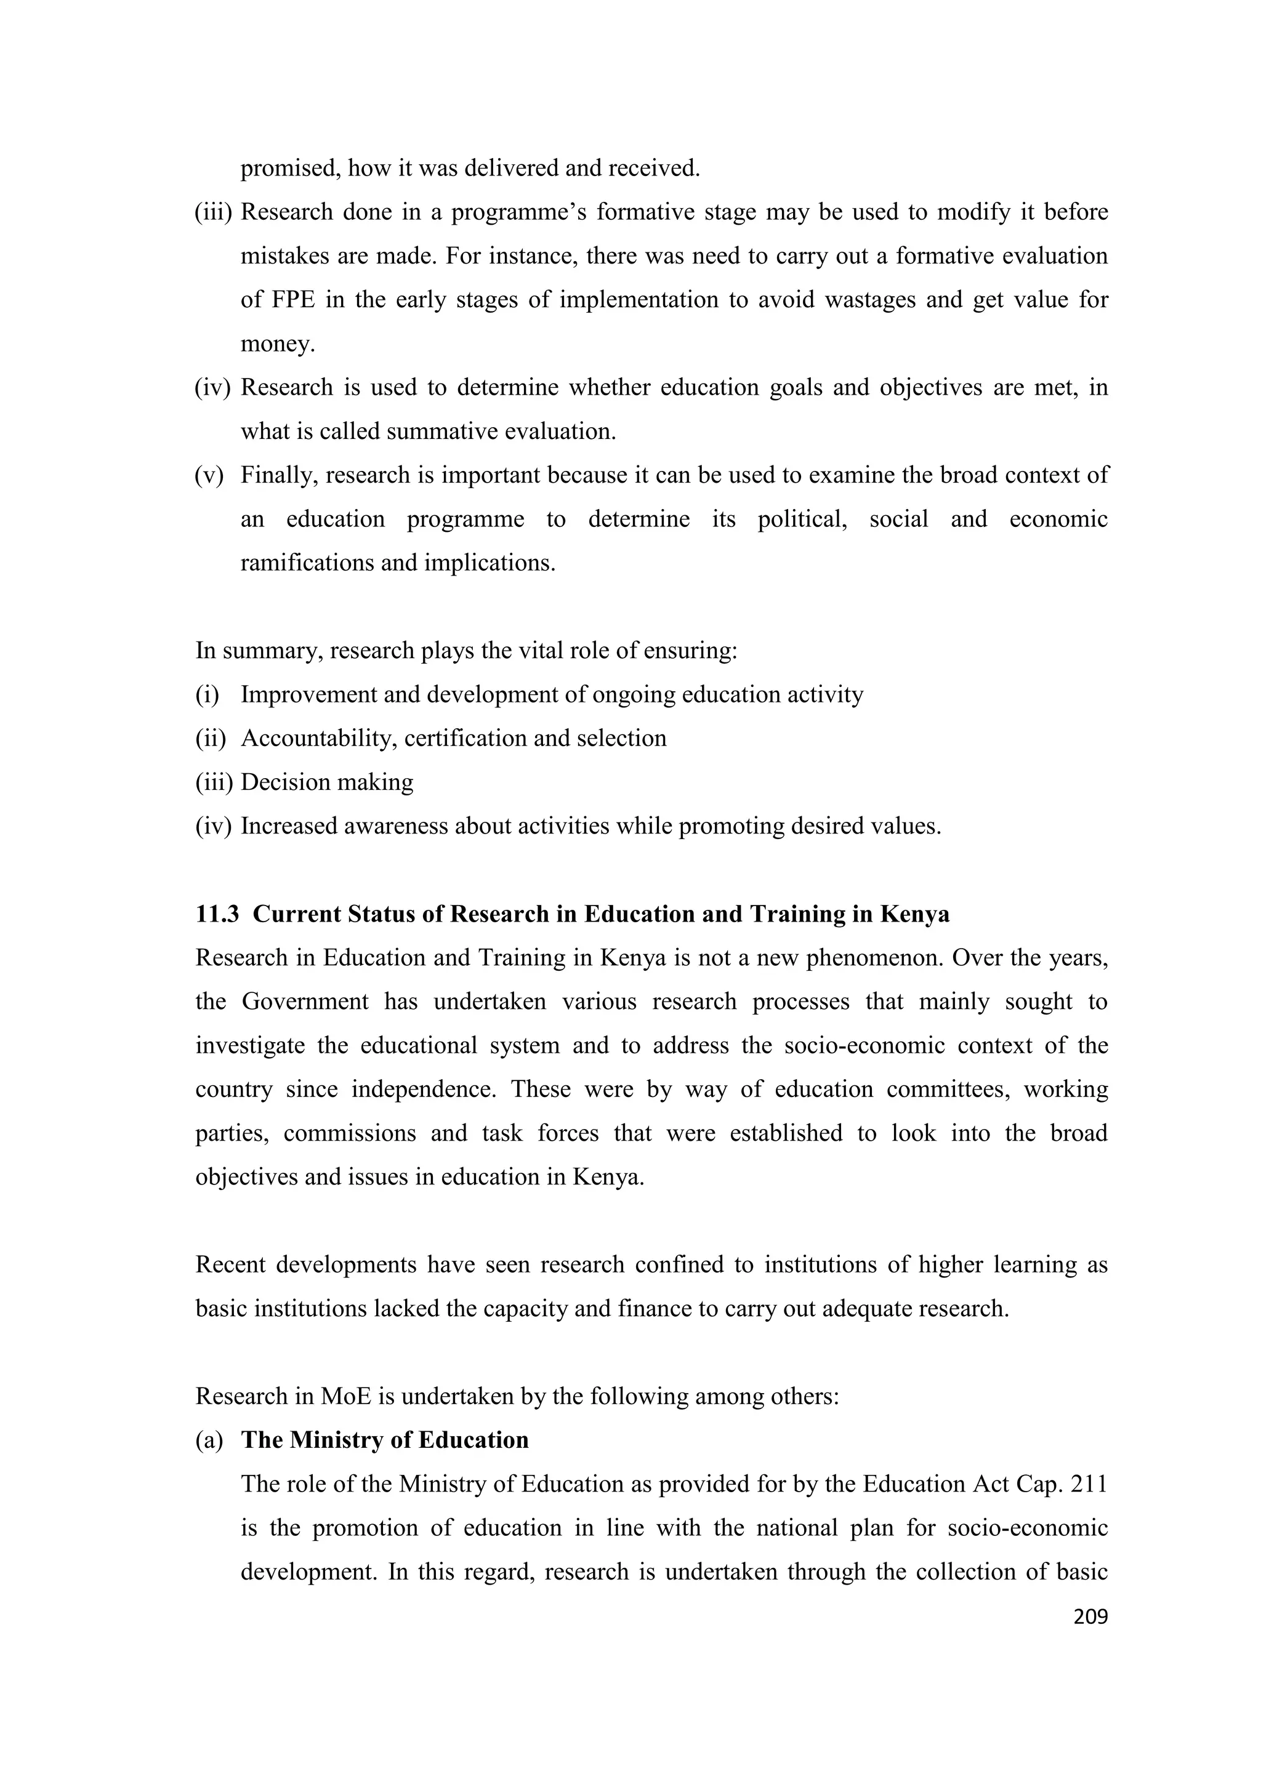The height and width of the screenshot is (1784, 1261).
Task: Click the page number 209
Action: [1089, 1617]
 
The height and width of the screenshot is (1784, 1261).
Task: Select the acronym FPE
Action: [293, 300]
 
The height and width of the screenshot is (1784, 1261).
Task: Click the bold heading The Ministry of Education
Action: [385, 1440]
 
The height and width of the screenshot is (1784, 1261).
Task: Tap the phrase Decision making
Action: [326, 782]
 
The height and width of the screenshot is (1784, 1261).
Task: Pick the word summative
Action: [442, 432]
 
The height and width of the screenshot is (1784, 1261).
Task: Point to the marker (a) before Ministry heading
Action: [208, 1440]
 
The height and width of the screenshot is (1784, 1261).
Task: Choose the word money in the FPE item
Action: [276, 344]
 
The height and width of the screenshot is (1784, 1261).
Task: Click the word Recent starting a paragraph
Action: [230, 1265]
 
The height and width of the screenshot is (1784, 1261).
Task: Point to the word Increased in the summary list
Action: [288, 826]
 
